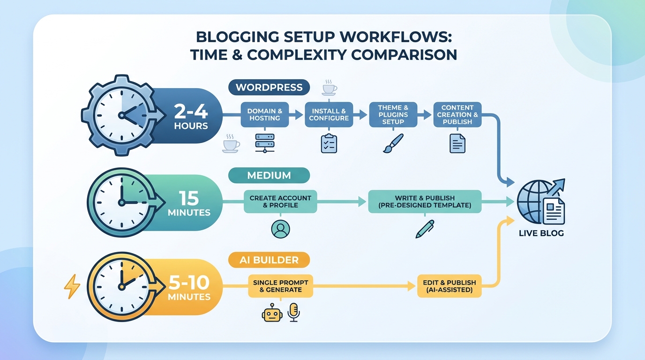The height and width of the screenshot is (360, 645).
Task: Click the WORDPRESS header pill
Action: coord(269,87)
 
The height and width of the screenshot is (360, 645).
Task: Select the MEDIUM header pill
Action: coord(269,175)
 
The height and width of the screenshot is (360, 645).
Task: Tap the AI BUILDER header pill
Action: coord(270,260)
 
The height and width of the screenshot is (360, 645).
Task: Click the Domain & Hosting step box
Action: coord(265,115)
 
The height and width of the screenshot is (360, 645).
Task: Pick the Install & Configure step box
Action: coord(329,115)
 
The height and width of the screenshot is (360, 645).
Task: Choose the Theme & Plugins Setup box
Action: coord(393,114)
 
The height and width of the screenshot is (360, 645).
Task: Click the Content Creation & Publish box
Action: coord(457,114)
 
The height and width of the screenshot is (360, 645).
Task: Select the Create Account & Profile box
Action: coord(280,202)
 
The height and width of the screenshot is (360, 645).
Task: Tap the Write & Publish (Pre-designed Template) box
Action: coord(425,202)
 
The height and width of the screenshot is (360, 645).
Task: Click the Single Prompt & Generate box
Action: coord(280,286)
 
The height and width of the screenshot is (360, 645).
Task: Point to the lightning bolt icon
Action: coord(72,286)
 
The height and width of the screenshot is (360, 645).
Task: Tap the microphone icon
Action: coord(294,312)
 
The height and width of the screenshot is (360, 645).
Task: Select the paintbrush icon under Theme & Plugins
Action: coord(393,143)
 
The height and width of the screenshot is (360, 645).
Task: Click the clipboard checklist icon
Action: coord(329,143)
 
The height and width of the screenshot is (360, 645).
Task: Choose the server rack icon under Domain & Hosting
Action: coord(265,143)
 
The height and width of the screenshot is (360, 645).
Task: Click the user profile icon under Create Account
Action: coord(280,229)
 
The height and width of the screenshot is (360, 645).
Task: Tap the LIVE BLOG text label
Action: coord(541,233)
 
